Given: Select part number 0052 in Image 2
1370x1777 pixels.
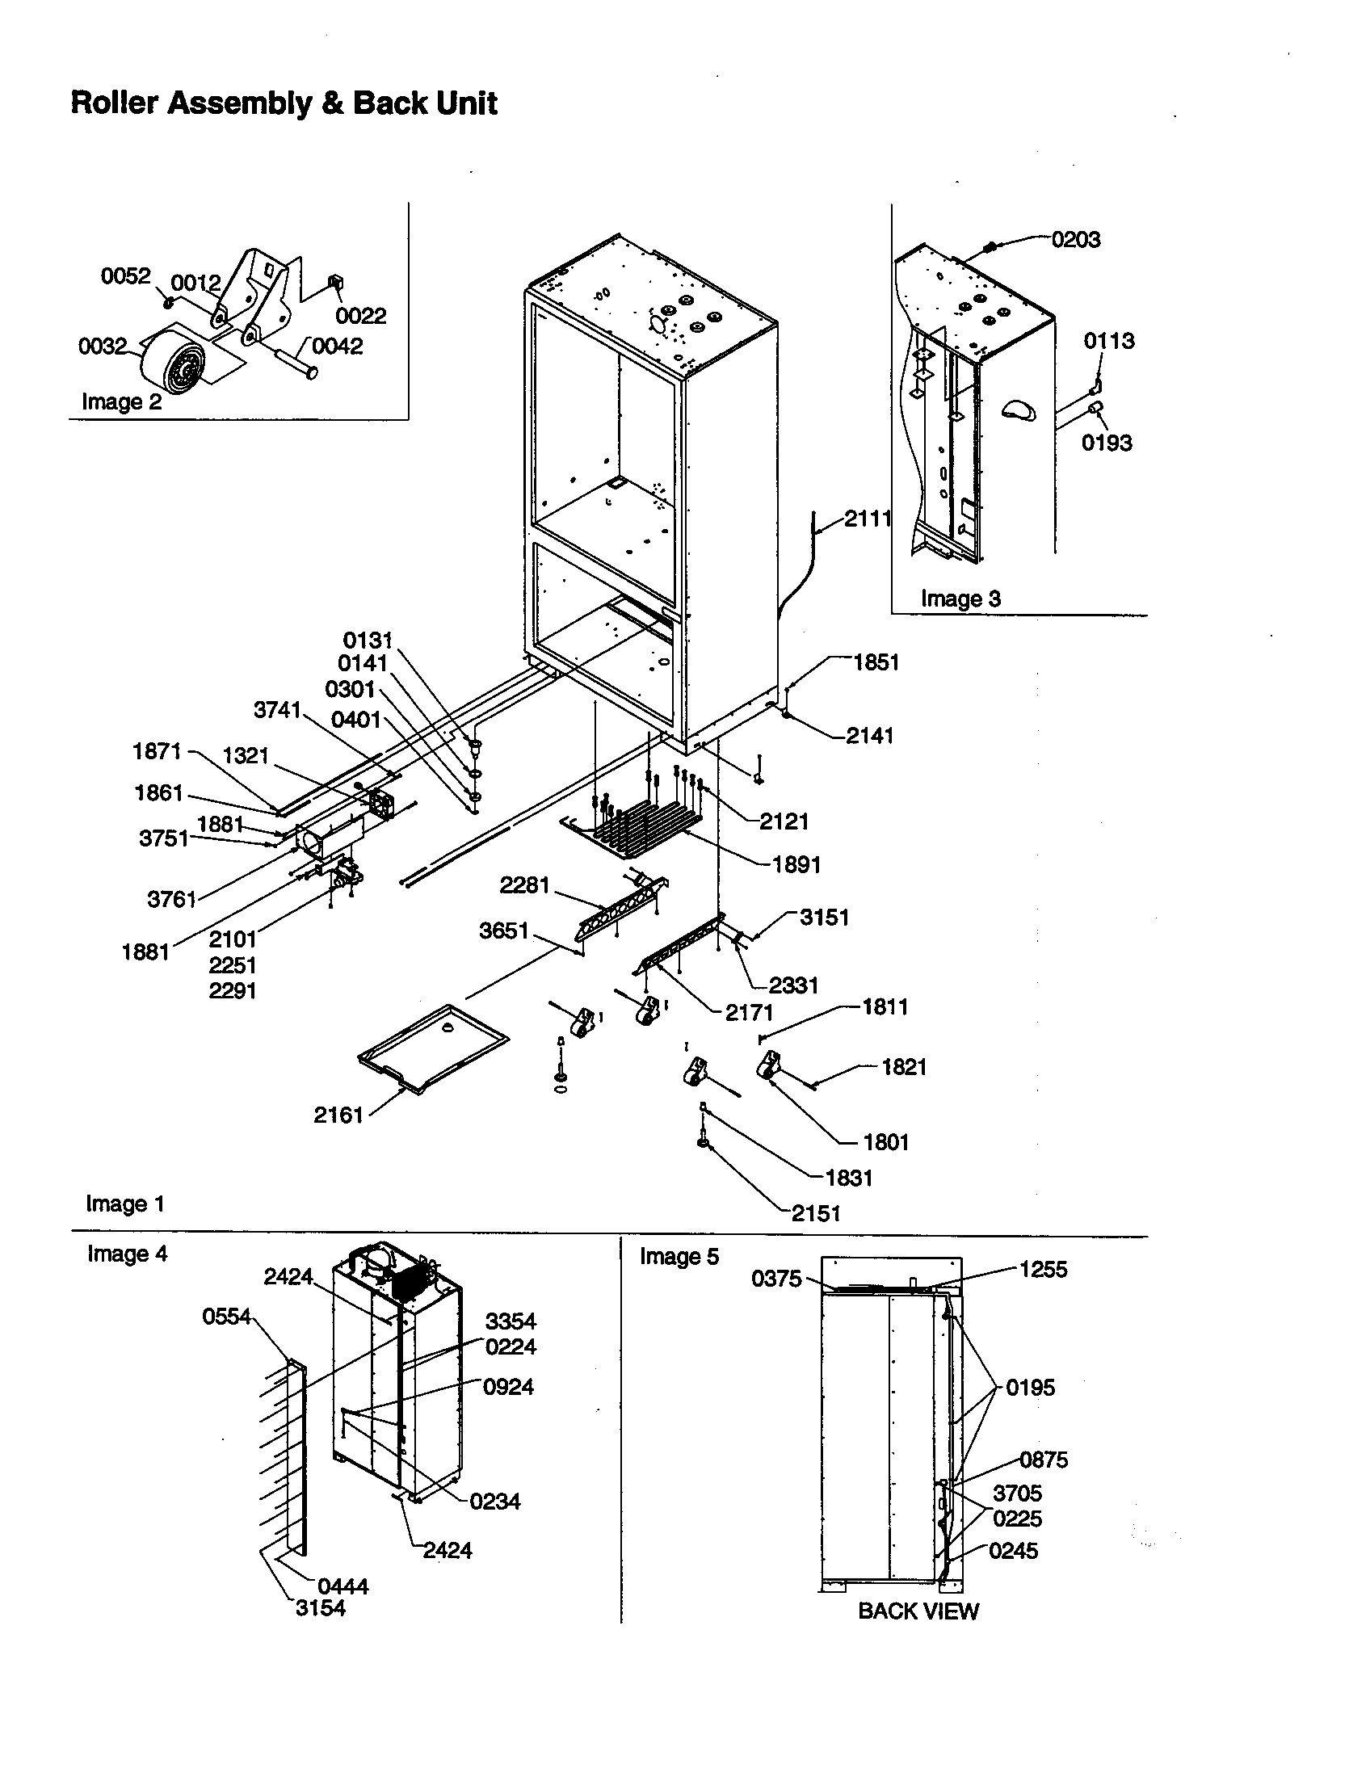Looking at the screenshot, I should [126, 276].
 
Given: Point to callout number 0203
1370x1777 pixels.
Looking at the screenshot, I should [1075, 240].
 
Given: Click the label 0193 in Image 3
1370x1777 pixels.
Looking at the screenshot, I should [1107, 443].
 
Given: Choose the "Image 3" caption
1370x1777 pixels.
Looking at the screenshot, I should [960, 599].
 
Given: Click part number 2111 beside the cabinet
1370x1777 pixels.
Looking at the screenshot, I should [868, 519].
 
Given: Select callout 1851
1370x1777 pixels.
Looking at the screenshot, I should [876, 662].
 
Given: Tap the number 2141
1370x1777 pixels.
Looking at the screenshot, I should [870, 736].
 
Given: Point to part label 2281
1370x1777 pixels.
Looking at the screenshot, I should [525, 884].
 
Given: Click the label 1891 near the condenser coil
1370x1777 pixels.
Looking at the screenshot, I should [796, 864].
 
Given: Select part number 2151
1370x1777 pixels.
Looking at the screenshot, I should [816, 1214].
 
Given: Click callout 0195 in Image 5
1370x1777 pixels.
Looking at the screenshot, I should [1030, 1387].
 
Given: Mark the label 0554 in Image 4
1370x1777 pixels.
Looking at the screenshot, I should [227, 1317].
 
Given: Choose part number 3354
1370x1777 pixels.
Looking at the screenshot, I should [511, 1321].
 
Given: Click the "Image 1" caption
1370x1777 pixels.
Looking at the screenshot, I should [125, 1204].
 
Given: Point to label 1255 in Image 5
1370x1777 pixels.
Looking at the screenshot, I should [1043, 1269].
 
